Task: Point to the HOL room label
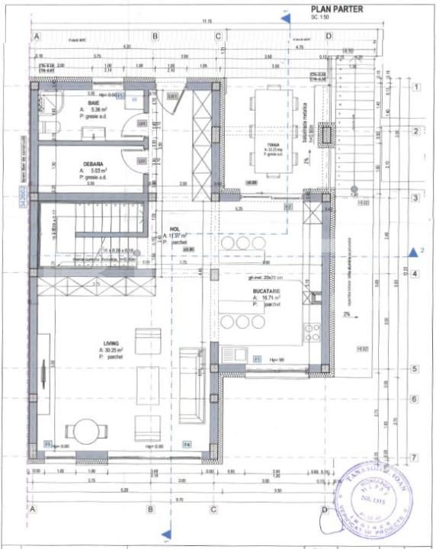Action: (175, 228)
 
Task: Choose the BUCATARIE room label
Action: (269, 291)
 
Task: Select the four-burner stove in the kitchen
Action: (313, 332)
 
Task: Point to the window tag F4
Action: (187, 444)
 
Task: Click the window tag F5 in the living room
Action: (47, 444)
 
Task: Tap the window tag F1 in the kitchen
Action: (257, 358)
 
